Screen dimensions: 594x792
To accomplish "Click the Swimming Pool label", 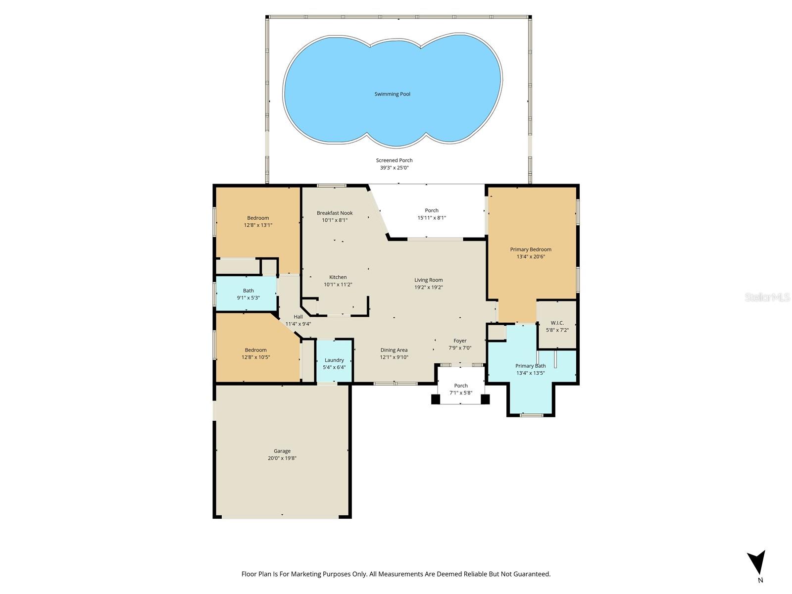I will pos(392,94).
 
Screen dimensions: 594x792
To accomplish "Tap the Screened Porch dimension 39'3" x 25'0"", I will pos(394,168).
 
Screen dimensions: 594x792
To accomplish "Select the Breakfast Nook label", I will pos(335,213).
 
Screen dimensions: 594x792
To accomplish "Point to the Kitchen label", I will pos(338,277).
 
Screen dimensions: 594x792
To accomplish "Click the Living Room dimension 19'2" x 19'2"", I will pos(429,287).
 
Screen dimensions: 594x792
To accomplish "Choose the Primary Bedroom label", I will pos(531,249).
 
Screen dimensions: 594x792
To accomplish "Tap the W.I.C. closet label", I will pos(557,323).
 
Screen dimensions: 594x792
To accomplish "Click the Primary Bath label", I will pos(531,366).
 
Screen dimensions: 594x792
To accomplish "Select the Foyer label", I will pos(460,341).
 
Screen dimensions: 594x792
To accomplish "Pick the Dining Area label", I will pos(394,350).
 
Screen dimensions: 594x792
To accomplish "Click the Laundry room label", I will pos(334,360).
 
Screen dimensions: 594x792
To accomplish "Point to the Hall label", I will pos(298,317).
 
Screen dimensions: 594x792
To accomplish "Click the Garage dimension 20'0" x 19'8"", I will pos(282,458).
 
